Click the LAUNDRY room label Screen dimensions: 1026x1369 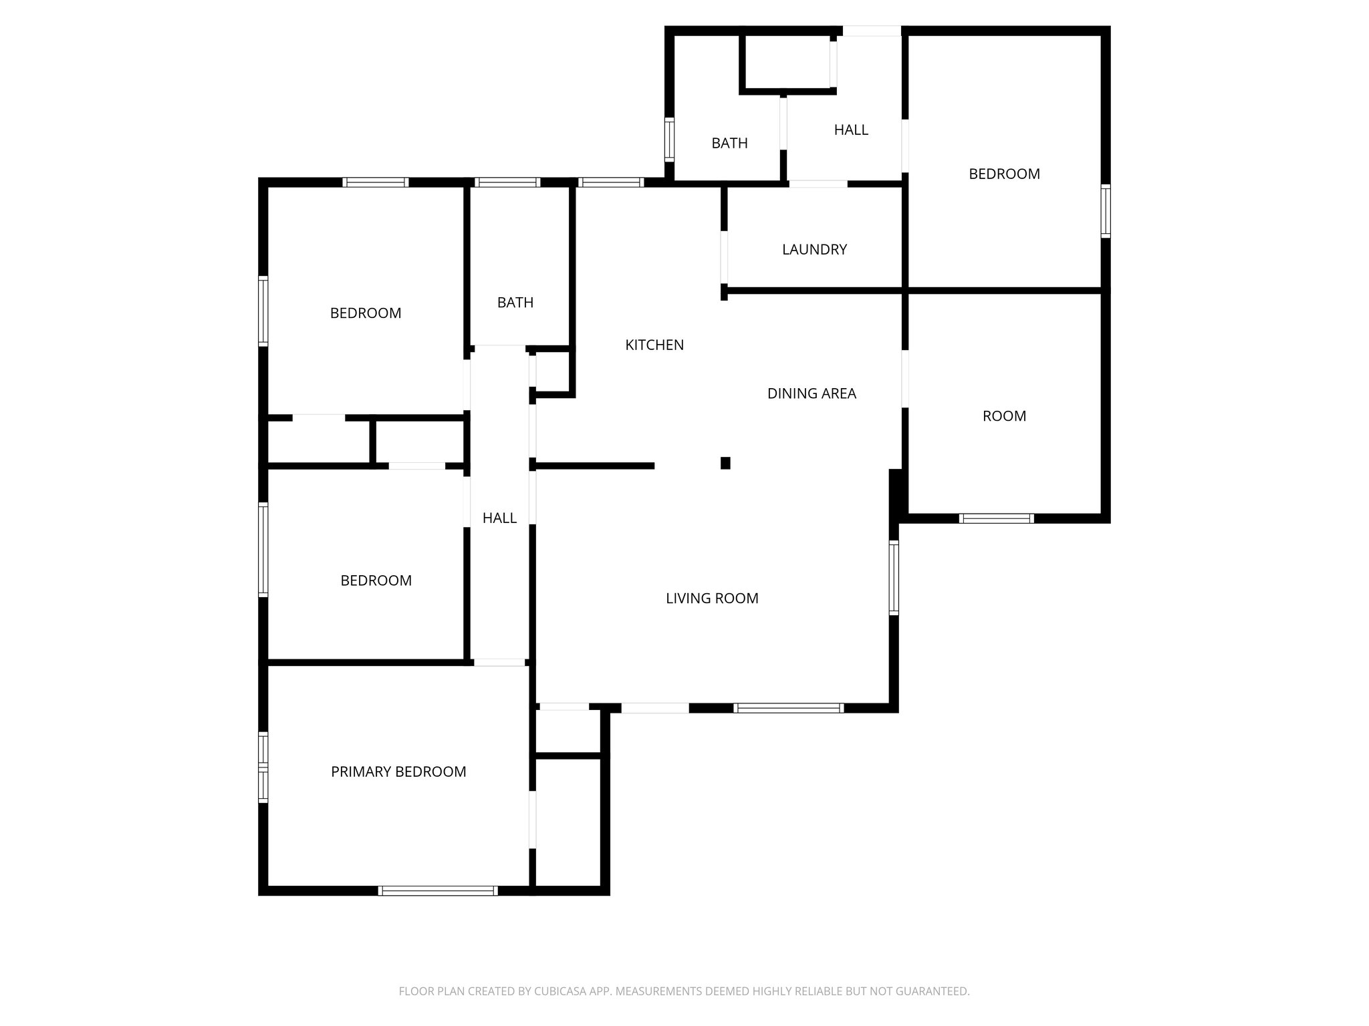click(x=814, y=249)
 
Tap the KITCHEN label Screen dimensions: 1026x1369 click(x=654, y=345)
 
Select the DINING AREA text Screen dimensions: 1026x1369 click(x=812, y=393)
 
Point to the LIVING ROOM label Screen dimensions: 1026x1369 click(x=712, y=598)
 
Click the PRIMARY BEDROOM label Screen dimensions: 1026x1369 click(x=398, y=772)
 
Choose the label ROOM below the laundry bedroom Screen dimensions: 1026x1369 click(x=1004, y=416)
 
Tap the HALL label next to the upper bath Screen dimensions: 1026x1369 click(x=851, y=130)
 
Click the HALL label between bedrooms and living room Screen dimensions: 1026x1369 click(x=499, y=518)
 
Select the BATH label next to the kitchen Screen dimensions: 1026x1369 click(x=515, y=303)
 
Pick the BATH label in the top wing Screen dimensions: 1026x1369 click(x=729, y=143)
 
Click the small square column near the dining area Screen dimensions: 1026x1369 click(x=725, y=463)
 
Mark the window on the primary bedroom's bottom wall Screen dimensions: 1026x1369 click(x=438, y=890)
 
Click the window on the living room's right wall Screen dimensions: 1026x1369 click(x=894, y=578)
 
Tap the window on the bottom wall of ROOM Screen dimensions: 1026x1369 click(x=996, y=518)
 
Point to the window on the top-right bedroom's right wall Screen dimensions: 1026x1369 click(x=1106, y=211)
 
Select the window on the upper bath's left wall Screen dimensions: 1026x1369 click(x=669, y=139)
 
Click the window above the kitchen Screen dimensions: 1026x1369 click(x=610, y=182)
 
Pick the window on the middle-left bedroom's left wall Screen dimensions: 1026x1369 click(x=263, y=549)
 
